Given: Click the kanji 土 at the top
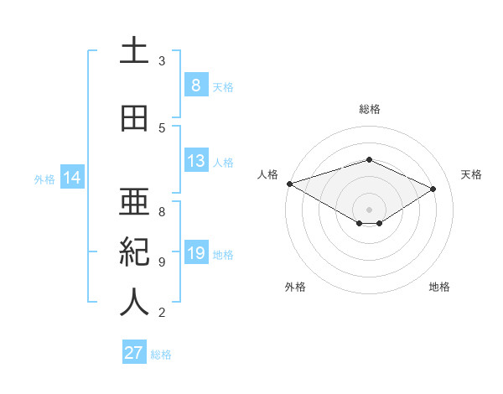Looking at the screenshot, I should pyautogui.click(x=134, y=51).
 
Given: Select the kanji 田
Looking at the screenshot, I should pyautogui.click(x=134, y=118).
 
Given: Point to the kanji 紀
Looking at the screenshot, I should pyautogui.click(x=134, y=252).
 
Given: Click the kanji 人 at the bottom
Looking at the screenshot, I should pyautogui.click(x=134, y=303).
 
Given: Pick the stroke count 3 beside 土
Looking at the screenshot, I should pyautogui.click(x=162, y=61).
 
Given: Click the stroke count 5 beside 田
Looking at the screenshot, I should pyautogui.click(x=162, y=128).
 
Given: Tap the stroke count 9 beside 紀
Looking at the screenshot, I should pyautogui.click(x=162, y=262).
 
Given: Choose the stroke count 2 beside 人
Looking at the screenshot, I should pyautogui.click(x=162, y=313).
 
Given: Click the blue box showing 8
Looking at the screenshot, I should pyautogui.click(x=195, y=85).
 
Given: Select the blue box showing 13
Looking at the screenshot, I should pyautogui.click(x=195, y=161).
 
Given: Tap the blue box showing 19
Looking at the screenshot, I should pyautogui.click(x=195, y=253).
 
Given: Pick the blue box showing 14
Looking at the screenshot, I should pyautogui.click(x=72, y=178).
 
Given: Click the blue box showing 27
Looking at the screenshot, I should pyautogui.click(x=134, y=353).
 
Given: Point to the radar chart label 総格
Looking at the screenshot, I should pyautogui.click(x=369, y=109).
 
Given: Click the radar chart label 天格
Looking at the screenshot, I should pyautogui.click(x=472, y=174).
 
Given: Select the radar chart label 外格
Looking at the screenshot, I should pyautogui.click(x=295, y=287).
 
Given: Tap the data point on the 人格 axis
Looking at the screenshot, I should pyautogui.click(x=289, y=184).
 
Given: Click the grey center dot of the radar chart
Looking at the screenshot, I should pyautogui.click(x=369, y=208).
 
